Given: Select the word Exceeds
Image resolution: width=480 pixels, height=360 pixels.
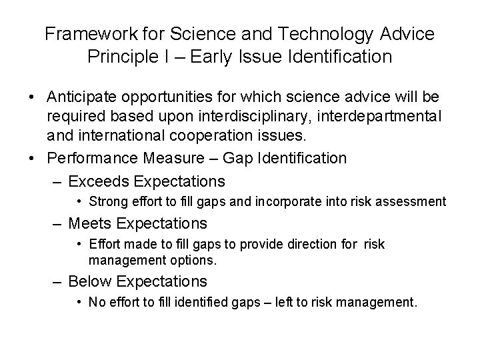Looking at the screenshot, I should (x=99, y=181).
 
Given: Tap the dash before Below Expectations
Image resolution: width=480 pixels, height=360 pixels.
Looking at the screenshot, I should (x=60, y=281).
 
